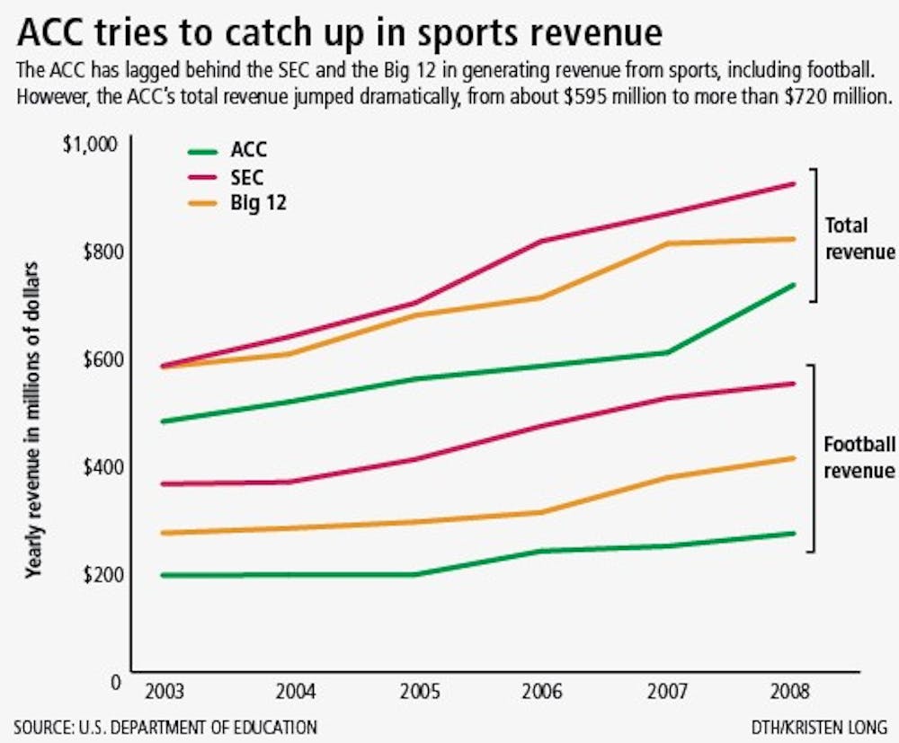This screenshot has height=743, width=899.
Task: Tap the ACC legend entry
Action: pyautogui.click(x=248, y=150)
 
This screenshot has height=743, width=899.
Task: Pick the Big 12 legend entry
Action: pyautogui.click(x=257, y=204)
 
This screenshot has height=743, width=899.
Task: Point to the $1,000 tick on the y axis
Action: pyautogui.click(x=93, y=145)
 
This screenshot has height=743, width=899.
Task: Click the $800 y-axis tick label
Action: pyautogui.click(x=101, y=252)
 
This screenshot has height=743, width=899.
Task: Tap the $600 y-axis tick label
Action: pyautogui.click(x=101, y=359)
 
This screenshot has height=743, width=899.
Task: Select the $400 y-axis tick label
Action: pyautogui.click(x=101, y=467)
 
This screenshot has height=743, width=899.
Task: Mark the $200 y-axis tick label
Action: pyautogui.click(x=101, y=575)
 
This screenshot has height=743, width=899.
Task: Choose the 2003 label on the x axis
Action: pyautogui.click(x=160, y=694)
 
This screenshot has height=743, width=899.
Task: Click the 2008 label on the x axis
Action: pyautogui.click(x=792, y=694)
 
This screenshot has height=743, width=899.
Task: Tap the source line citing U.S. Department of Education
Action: pyautogui.click(x=165, y=726)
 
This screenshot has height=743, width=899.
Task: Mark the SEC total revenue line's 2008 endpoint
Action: pyautogui.click(x=794, y=184)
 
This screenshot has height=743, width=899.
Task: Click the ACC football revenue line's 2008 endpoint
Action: pyautogui.click(x=794, y=534)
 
